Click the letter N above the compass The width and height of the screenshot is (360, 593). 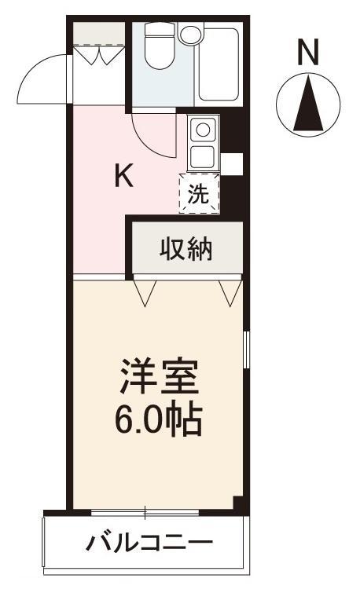[x=308, y=53]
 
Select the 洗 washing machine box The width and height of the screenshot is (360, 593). [x=200, y=193]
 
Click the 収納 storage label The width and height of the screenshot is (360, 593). [x=186, y=249]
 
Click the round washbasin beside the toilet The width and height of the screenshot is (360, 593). [x=190, y=34]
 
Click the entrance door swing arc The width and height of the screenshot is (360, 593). [x=43, y=79]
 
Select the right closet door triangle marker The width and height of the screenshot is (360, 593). [x=230, y=291]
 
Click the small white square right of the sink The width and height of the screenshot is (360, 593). [x=231, y=163]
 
